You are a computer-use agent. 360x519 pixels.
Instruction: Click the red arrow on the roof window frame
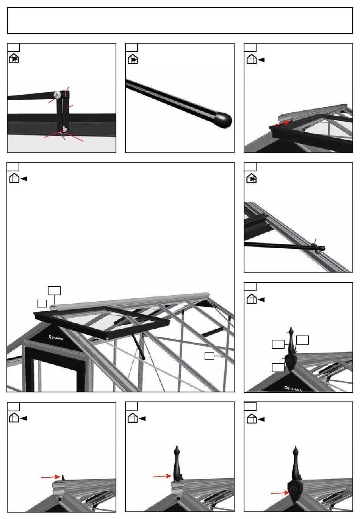281,123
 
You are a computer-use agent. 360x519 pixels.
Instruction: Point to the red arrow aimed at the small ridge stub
50,477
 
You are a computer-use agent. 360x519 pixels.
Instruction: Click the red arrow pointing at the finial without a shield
162,476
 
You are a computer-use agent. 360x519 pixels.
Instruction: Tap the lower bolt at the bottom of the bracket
64,129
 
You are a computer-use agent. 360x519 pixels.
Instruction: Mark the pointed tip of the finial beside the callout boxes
291,328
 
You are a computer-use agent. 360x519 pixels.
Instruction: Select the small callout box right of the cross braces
209,356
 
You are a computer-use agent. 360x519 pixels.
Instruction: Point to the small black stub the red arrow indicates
63,477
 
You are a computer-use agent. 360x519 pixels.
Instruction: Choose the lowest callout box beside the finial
278,368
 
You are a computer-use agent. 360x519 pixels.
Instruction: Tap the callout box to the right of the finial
302,340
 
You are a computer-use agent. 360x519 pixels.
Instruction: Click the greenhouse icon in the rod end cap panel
133,59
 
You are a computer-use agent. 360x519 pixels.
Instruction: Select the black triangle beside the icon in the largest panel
24,179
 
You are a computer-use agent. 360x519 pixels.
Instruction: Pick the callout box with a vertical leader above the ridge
54,291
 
